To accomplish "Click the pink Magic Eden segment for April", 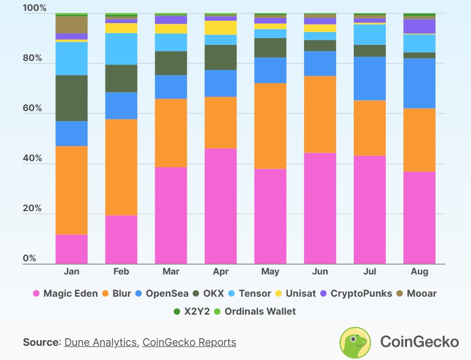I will pos(221,206).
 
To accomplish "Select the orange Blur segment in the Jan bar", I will pos(71,190).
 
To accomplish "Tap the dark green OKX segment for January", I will pos(71,98).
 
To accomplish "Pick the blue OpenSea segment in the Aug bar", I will pos(419,83).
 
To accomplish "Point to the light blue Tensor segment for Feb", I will pos(121,49).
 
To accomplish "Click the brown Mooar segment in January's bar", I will pos(71,25).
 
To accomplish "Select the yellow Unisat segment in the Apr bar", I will pos(221,28).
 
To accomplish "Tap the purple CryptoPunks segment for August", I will pos(419,26).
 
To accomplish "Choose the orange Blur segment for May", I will pos(270,126).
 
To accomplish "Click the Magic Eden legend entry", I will pos(65,293).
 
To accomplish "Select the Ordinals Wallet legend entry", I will pos(255,311).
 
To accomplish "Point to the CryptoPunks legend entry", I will pos(356,293).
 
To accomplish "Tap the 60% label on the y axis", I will pos(32,108).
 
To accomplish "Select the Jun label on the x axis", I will pos(320,272).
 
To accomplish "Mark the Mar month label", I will pos(171,272).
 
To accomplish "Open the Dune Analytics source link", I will pos(100,342).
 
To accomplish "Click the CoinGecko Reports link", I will pos(189,342).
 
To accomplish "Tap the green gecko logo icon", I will pos(356,342).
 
